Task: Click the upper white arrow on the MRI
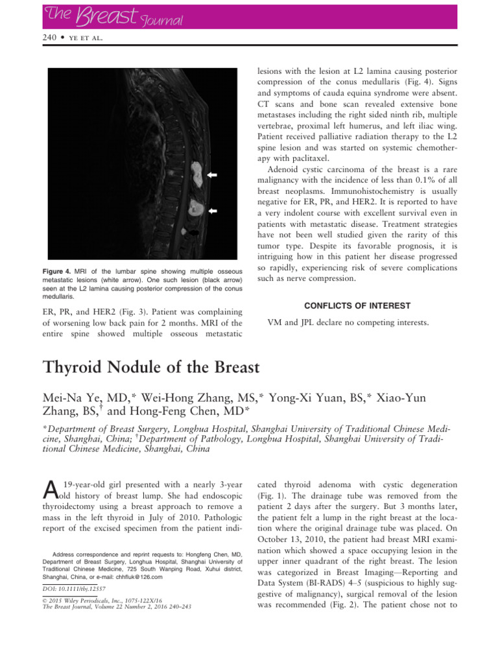pyautogui.click(x=213, y=175)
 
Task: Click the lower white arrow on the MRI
pyautogui.click(x=213, y=211)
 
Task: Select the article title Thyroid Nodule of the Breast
pyautogui.click(x=151, y=368)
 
